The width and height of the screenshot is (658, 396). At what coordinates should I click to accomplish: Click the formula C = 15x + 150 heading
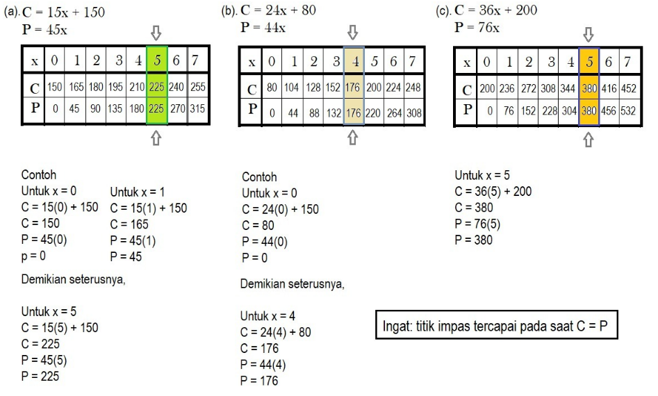point(64,13)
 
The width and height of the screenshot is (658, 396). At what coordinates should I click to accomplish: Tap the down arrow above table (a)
point(156,33)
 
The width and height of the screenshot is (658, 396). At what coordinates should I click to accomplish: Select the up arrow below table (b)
point(352,138)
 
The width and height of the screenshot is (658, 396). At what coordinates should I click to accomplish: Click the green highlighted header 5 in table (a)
point(157,61)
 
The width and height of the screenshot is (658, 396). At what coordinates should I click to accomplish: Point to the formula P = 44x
point(263,28)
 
